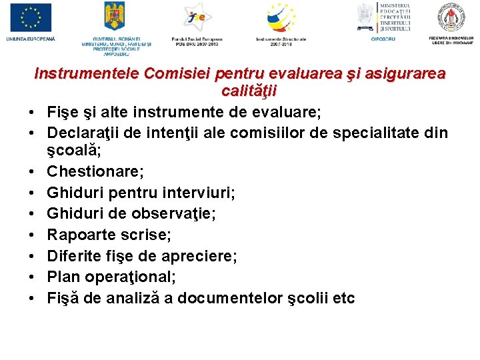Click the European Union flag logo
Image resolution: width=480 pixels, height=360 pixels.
click(x=31, y=18)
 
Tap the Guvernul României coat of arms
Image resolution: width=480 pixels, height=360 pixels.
click(x=115, y=16)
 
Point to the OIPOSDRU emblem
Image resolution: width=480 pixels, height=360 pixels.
click(x=365, y=16)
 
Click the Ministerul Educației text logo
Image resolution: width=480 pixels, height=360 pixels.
click(x=395, y=17)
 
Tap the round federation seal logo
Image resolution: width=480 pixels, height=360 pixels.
click(x=451, y=17)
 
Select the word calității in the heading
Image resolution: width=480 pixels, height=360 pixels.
click(x=249, y=91)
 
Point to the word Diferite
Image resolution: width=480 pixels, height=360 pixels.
click(x=72, y=256)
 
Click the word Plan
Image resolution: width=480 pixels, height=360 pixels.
click(x=61, y=277)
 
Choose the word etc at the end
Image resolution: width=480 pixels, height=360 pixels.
click(x=343, y=298)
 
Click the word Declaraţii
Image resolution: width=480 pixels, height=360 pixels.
click(x=85, y=133)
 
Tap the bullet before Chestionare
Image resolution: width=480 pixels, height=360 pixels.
click(x=32, y=172)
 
